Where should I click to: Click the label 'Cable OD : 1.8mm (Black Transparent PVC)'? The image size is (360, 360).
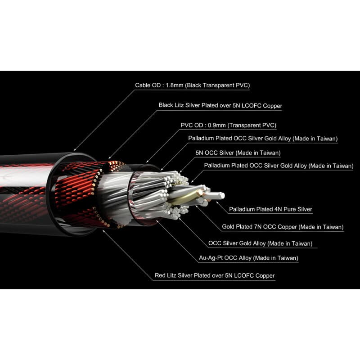tap(192, 85)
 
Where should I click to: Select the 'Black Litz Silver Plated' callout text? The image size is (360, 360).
tap(220, 105)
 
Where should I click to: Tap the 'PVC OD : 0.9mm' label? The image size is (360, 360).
tap(229, 126)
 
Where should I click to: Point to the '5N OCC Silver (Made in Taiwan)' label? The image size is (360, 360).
tap(238, 153)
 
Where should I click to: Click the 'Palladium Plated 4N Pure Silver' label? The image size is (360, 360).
tap(270, 209)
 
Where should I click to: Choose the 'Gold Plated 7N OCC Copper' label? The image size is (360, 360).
tap(283, 227)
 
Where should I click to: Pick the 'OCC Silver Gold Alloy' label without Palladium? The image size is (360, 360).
tap(261, 243)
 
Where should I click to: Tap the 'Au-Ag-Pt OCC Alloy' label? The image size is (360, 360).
tap(248, 258)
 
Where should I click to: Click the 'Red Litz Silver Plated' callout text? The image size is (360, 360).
tap(215, 275)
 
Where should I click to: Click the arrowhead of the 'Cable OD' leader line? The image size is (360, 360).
tap(74, 150)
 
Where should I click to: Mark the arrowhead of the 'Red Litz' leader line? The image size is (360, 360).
tap(103, 231)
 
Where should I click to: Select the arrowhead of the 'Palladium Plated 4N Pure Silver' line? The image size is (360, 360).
tap(217, 202)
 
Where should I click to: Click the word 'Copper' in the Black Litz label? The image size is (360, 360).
tap(273, 106)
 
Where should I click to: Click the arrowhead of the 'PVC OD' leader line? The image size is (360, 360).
tap(147, 162)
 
